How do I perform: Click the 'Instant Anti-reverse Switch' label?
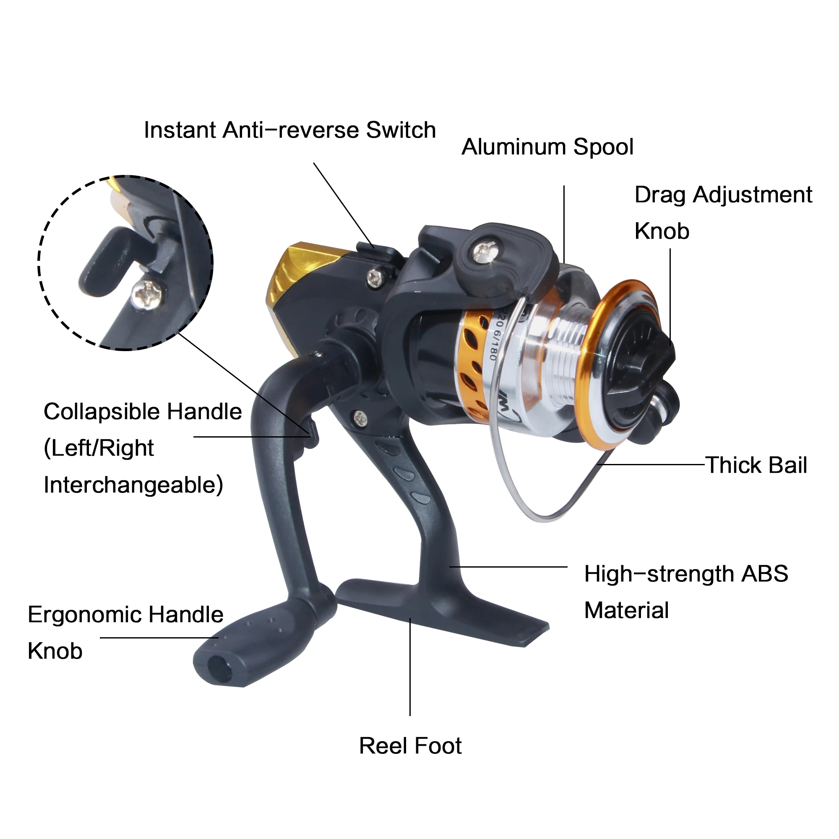289,130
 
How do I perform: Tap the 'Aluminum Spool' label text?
547,147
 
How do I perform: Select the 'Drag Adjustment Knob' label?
723,213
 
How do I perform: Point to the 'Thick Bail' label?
756,465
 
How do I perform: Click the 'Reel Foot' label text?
410,746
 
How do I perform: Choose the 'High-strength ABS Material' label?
686,592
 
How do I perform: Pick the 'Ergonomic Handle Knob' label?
125,633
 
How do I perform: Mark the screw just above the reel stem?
360,418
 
